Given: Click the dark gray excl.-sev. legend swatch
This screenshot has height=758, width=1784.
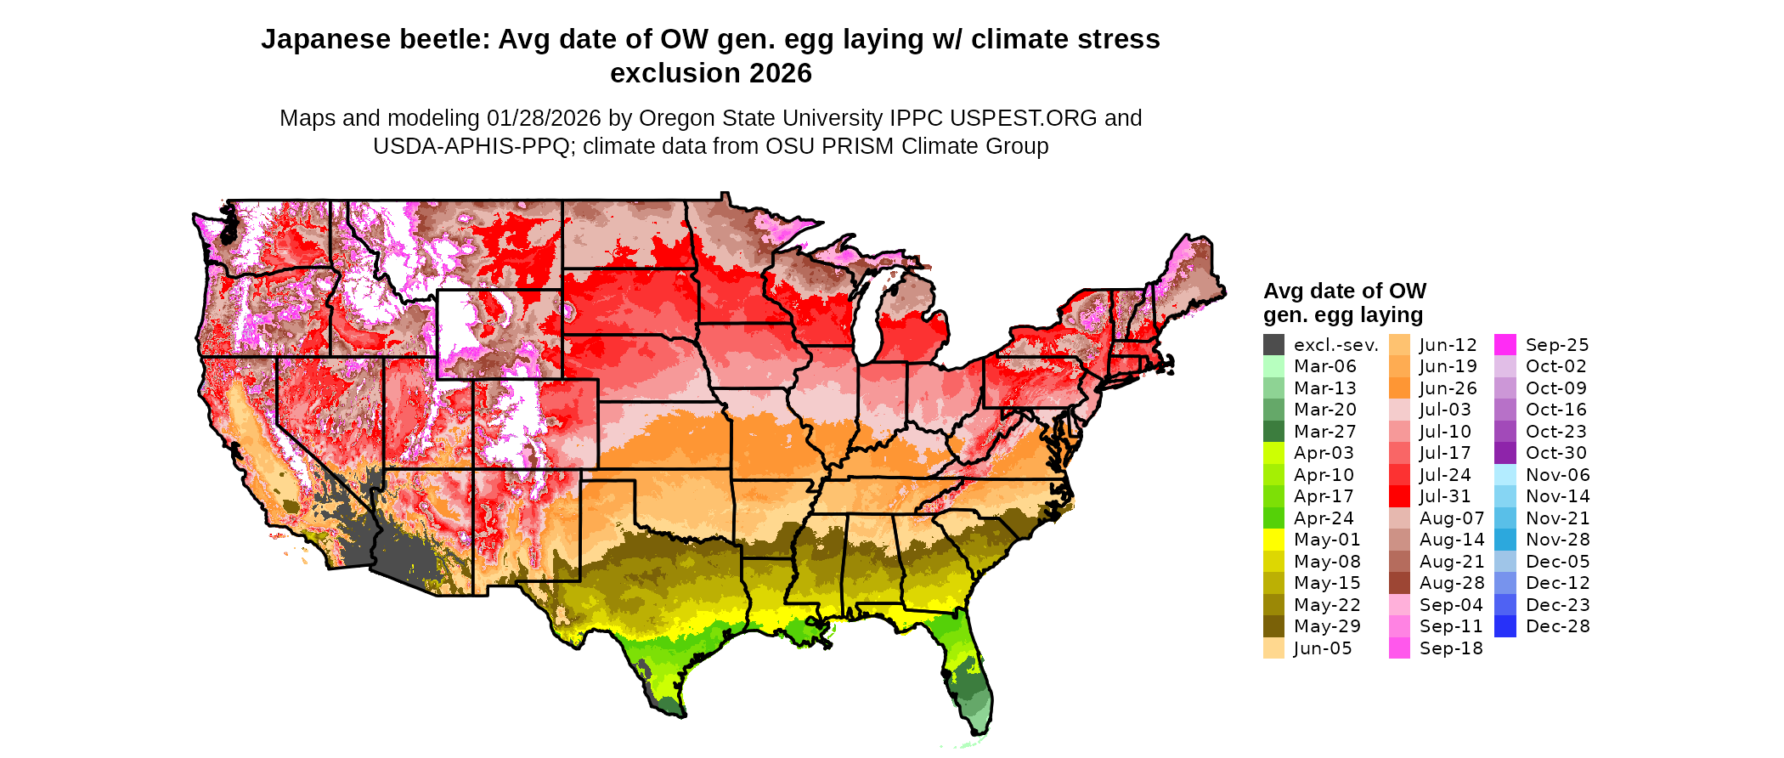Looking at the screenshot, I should [x=1273, y=345].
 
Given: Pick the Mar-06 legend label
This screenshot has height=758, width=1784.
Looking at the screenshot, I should [x=1324, y=366].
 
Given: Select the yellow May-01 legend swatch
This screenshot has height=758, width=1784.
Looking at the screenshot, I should [x=1273, y=540].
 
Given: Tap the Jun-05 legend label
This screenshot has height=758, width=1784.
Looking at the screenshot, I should [x=1322, y=648].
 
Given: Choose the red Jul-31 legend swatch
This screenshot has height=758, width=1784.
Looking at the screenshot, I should [x=1399, y=496].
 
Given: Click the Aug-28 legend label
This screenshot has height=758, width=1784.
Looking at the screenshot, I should [x=1451, y=583].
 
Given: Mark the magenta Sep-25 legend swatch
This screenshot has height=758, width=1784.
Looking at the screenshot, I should [x=1505, y=345].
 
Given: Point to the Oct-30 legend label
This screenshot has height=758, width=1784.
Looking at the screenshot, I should [x=1555, y=453].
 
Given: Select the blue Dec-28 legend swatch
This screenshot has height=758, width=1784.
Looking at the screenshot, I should [x=1505, y=626].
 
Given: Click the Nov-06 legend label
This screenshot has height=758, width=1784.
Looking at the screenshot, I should [x=1557, y=475].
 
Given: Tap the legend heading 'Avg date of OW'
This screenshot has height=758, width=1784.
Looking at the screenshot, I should [x=1344, y=291].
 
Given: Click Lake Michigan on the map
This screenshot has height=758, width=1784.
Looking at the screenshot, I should [x=867, y=323].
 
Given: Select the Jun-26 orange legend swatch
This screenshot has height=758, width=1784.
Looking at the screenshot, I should [x=1399, y=388].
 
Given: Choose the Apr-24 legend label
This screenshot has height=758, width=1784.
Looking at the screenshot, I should [x=1324, y=518].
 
